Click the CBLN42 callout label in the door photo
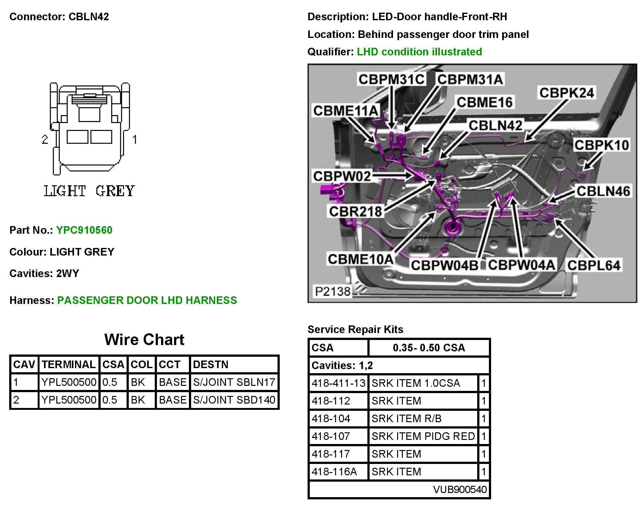coord(495,126)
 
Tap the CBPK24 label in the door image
coord(566,93)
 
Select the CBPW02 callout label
coord(342,176)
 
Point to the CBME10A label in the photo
coord(360,259)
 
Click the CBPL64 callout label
coord(593,265)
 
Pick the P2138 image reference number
coord(333,291)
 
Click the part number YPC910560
coord(84,230)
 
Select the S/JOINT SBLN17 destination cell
coord(234,382)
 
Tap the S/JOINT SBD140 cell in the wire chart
coord(234,400)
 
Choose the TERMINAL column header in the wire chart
coord(69,364)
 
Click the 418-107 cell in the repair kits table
coord(331,436)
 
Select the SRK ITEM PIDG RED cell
coord(423,436)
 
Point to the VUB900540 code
coord(460,489)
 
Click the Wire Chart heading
coord(144,340)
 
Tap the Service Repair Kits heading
coord(355,329)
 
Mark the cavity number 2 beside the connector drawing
coord(45,139)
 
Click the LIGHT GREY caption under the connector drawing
coord(89,191)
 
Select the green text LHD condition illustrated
coord(419,52)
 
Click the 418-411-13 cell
coord(339,383)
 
